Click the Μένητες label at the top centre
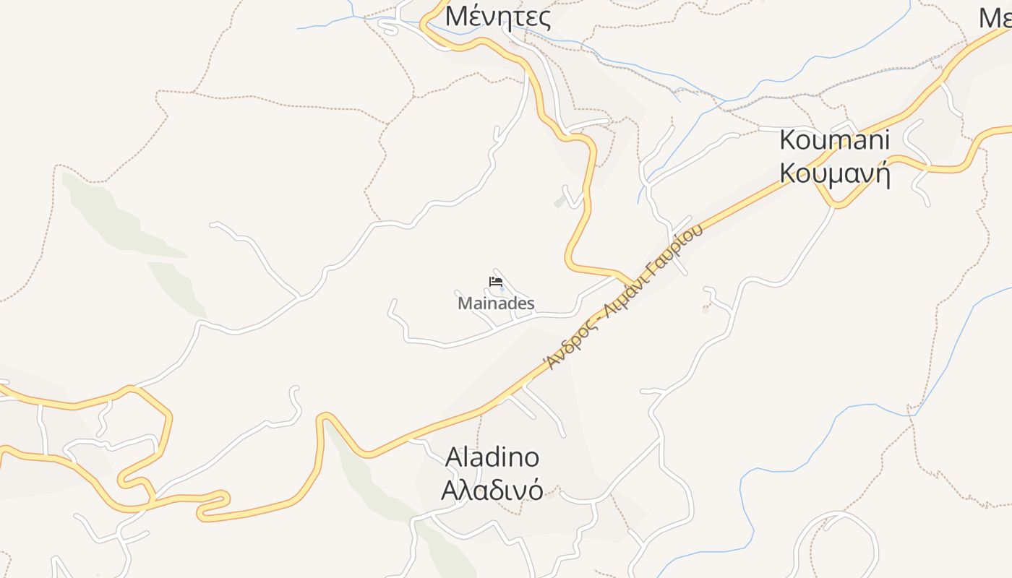[497, 16]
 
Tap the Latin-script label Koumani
[834, 139]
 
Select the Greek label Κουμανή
[834, 174]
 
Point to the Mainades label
[496, 303]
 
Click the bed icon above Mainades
[496, 282]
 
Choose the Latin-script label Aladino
[492, 457]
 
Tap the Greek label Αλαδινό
[492, 490]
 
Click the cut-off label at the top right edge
[996, 17]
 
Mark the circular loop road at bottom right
[836, 538]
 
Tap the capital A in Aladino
[454, 457]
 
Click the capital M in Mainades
[464, 303]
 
